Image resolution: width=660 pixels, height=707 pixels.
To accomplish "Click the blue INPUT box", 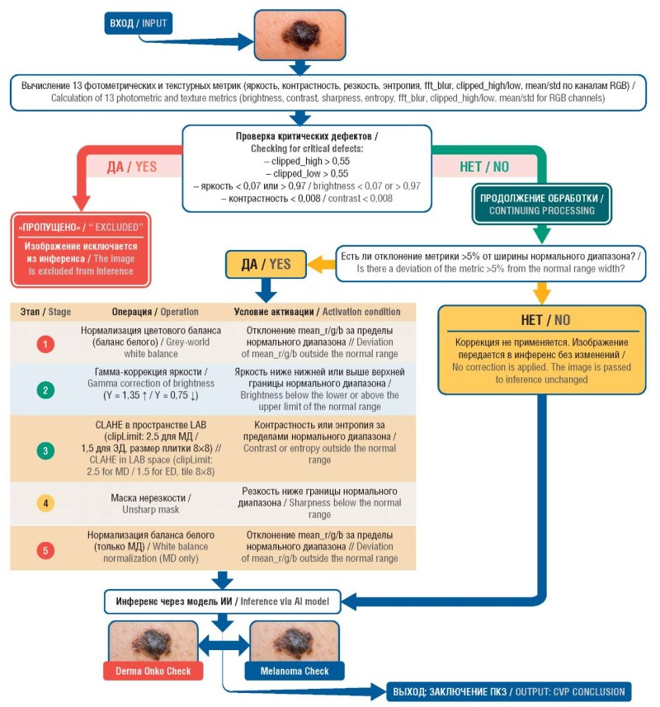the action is coord(139,23).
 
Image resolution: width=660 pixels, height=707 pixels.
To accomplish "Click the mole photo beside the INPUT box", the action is coord(299,35).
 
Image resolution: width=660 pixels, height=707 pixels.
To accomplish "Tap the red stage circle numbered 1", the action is coord(45,344).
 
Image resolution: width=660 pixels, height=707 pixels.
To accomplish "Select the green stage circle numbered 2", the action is coord(45,390).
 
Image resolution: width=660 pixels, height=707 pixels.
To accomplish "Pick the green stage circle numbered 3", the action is coord(45,450).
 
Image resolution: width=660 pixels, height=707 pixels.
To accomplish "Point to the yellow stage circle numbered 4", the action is coord(45,503).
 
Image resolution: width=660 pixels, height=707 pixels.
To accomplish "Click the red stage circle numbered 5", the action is coord(45,550).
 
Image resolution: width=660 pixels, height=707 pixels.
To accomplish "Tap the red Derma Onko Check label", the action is coord(153,671).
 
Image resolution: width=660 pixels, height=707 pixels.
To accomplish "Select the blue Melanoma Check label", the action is coord(295,671).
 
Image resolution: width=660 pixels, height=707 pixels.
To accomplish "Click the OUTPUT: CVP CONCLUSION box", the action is coord(509,691).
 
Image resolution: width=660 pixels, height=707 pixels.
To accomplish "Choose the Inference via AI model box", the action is coord(222,601).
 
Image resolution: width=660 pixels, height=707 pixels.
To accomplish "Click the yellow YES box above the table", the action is coord(266,264).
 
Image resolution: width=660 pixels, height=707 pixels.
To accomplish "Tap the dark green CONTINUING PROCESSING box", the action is coord(542,205).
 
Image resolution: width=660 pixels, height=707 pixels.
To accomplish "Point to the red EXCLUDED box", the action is coord(81,250).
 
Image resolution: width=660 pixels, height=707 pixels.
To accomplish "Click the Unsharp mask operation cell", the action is coord(151,504).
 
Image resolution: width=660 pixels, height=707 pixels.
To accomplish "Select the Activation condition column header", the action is coord(317,312).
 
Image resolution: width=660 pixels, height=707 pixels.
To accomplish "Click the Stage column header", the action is coord(45,312).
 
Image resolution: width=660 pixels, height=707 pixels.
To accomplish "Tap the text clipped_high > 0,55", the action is coord(307,161).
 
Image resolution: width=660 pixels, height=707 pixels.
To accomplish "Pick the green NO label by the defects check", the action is coord(484,167).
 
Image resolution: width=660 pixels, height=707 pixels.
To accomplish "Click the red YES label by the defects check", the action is coord(132,167).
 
